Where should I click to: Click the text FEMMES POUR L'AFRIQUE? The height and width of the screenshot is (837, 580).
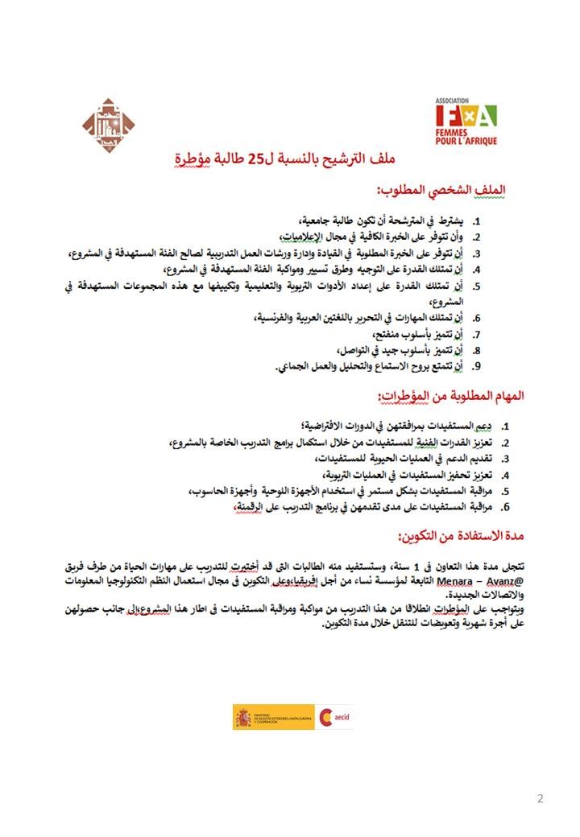pos(466,136)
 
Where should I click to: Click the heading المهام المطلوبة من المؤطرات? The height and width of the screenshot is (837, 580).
pos(451,396)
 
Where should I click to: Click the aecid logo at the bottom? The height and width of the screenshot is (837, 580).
pos(333,716)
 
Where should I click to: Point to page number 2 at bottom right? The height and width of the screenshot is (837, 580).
pos(540,799)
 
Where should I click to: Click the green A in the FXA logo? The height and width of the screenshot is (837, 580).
pos(486,116)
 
